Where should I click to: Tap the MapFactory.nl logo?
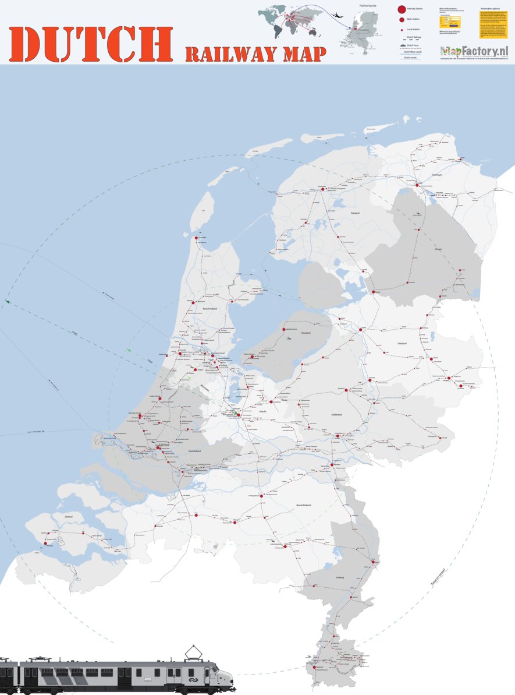[474, 51]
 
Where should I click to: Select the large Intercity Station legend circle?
[402, 9]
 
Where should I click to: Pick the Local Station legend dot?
[402, 29]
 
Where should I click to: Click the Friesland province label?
[355, 213]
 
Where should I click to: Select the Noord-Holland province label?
[209, 309]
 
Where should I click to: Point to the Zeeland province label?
[69, 516]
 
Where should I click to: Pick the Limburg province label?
[339, 577]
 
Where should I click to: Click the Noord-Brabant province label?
[304, 505]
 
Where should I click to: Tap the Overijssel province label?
[402, 343]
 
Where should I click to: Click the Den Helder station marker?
[196, 237]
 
